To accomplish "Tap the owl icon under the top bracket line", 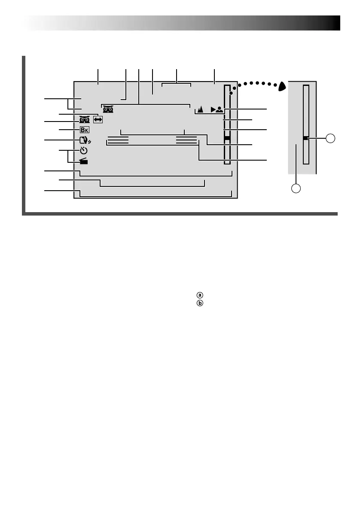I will [108, 109].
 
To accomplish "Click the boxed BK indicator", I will [85, 130].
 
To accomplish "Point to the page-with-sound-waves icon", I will [85, 140].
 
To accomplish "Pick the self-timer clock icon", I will [84, 151].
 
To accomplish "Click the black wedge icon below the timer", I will [84, 161].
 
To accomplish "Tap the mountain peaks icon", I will [200, 109].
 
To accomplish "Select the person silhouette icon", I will [220, 109].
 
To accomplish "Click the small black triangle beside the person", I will [213, 109].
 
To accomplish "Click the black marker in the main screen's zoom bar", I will [227, 138].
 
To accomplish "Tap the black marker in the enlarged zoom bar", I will [305, 138].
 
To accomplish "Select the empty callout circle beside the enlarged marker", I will [330, 138].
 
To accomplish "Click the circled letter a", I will [199, 295].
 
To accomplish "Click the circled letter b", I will [199, 303].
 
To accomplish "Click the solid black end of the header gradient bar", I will [335, 23].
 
